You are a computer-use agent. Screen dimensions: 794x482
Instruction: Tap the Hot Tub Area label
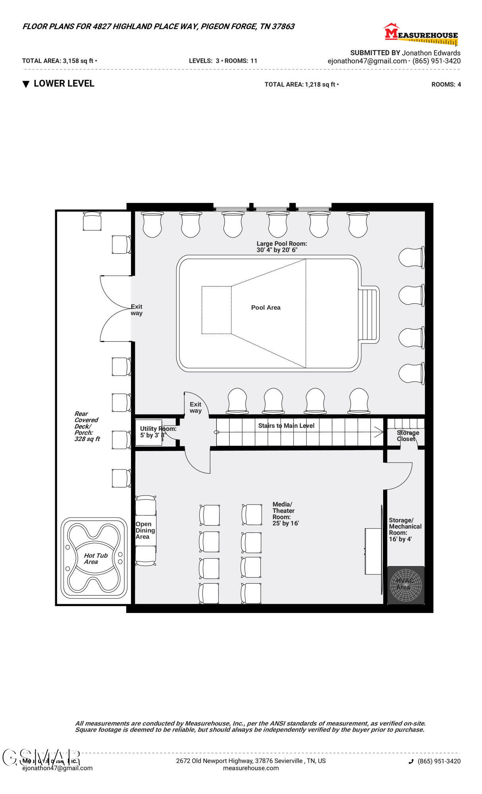pyautogui.click(x=95, y=559)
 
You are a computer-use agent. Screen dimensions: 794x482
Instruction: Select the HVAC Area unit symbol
pyautogui.click(x=405, y=585)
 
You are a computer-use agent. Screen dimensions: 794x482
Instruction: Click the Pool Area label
pyautogui.click(x=266, y=308)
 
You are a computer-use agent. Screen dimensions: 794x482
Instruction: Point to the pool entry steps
pyautogui.click(x=369, y=314)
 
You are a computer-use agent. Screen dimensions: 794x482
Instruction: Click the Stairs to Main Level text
pyautogui.click(x=286, y=426)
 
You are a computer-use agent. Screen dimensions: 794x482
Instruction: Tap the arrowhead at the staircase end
pyautogui.click(x=379, y=432)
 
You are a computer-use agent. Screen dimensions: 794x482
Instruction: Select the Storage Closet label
pyautogui.click(x=407, y=436)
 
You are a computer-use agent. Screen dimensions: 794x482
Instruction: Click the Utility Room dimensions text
pyautogui.click(x=152, y=435)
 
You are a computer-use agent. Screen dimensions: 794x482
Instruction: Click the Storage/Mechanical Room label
pyautogui.click(x=405, y=530)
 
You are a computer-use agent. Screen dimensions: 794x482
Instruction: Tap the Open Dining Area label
pyautogui.click(x=145, y=530)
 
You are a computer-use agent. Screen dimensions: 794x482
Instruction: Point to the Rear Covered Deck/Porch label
pyautogui.click(x=87, y=426)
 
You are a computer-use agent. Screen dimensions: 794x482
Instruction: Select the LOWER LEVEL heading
pyautogui.click(x=64, y=84)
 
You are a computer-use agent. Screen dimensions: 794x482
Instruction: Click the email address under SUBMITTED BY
pyautogui.click(x=367, y=61)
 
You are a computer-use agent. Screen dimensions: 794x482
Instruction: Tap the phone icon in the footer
pyautogui.click(x=411, y=761)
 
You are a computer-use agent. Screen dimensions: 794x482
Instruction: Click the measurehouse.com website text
pyautogui.click(x=251, y=768)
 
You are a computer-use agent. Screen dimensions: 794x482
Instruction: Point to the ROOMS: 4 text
pyautogui.click(x=446, y=85)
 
